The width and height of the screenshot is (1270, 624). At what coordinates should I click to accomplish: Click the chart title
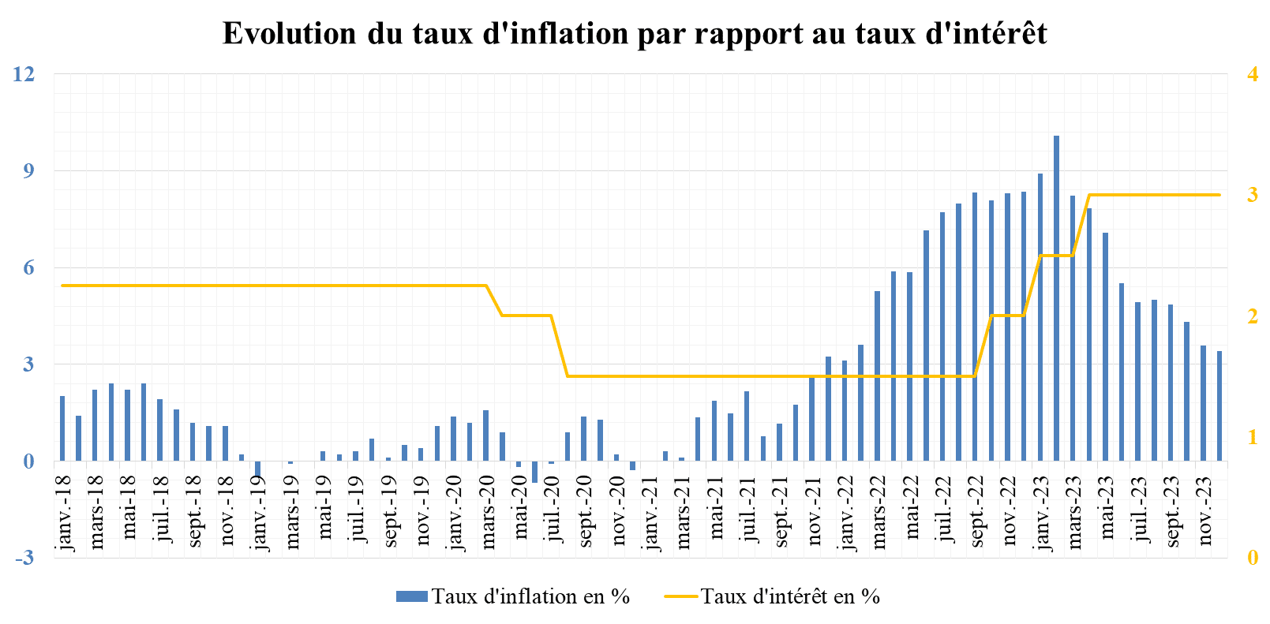click(x=635, y=34)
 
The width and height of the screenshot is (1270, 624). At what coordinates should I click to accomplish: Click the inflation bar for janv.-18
click(x=62, y=428)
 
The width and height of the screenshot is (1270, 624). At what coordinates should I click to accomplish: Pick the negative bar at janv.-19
click(x=258, y=469)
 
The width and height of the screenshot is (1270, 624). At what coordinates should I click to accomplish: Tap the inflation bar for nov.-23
click(x=1203, y=403)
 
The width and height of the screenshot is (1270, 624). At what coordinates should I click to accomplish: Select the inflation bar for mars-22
click(x=877, y=376)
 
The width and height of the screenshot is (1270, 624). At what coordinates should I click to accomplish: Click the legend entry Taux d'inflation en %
click(x=513, y=596)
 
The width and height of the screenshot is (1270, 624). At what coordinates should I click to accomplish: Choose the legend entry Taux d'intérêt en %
click(x=773, y=596)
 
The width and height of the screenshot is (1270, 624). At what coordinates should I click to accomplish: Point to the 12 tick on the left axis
click(x=24, y=74)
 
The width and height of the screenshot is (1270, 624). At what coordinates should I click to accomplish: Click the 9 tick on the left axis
click(x=28, y=171)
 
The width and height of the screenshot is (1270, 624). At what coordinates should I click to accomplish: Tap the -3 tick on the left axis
click(x=24, y=558)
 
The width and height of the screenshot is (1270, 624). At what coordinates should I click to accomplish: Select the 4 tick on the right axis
click(x=1252, y=74)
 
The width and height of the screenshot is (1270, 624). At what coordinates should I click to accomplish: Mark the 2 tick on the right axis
click(x=1252, y=316)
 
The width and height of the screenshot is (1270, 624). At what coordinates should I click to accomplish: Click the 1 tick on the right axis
click(x=1252, y=437)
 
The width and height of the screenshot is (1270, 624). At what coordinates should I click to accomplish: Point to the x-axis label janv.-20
click(x=454, y=511)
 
